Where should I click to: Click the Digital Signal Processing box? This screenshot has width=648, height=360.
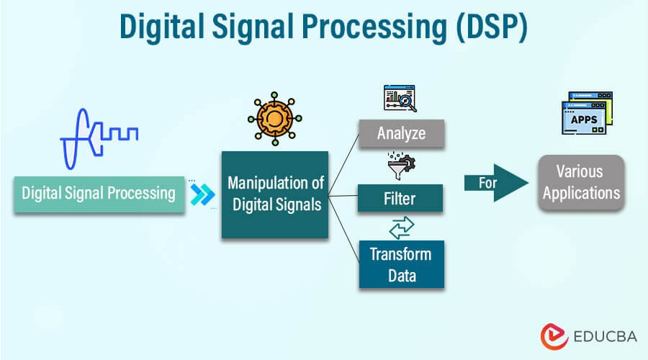click(x=99, y=194)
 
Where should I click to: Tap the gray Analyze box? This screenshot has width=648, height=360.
click(x=401, y=133)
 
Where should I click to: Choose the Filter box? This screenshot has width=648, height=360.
click(x=401, y=198)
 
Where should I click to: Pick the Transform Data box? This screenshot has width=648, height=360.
click(x=401, y=264)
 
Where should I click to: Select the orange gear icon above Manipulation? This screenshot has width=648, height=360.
click(x=275, y=118)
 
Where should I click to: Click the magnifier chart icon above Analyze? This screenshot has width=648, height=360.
click(x=401, y=99)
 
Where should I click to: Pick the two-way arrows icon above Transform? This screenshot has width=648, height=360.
click(x=401, y=227)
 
